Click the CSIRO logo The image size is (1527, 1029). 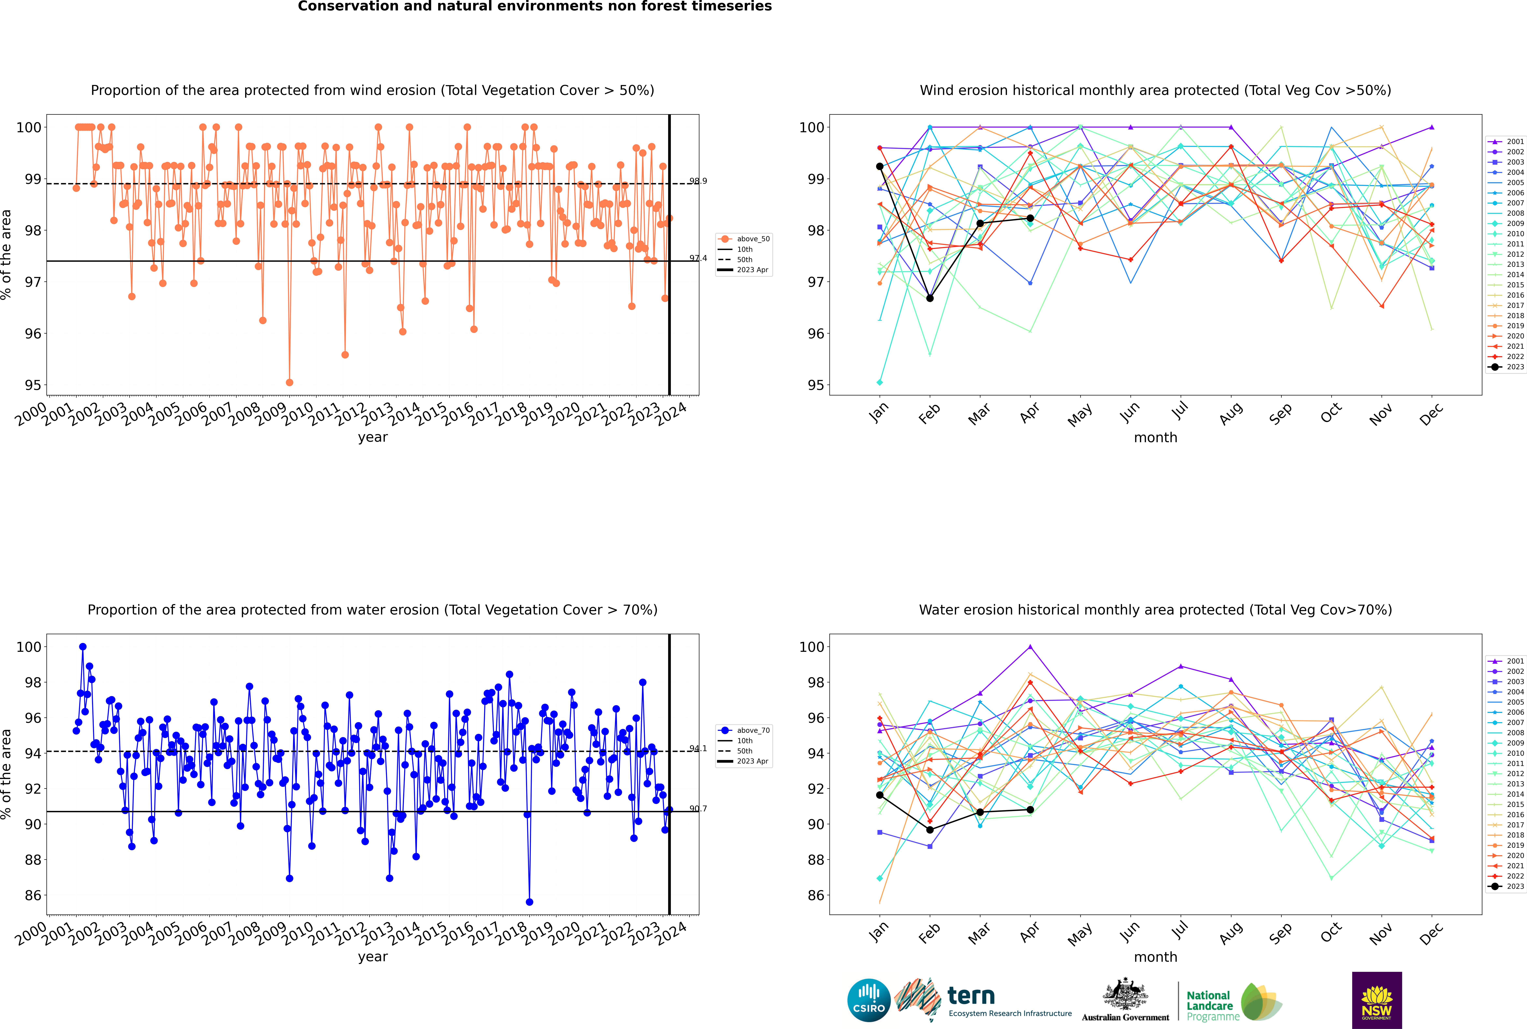coord(868,1000)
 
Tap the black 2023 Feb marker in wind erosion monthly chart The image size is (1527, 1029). coord(930,299)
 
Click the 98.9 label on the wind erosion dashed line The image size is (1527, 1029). coord(698,181)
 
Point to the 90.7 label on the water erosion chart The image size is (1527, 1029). coord(698,808)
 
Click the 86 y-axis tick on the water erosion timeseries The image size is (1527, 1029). coord(33,895)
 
